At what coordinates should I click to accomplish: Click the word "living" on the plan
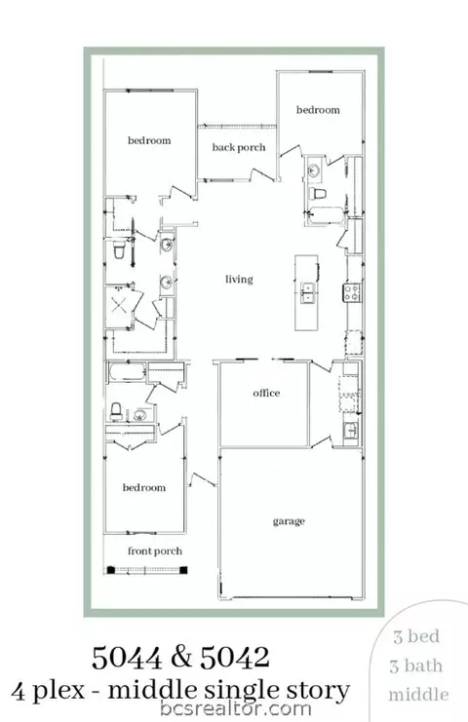click(239, 280)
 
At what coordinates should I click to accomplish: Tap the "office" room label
click(266, 393)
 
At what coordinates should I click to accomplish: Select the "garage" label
click(289, 521)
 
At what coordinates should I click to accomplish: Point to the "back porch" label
click(239, 147)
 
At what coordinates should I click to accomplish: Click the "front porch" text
click(155, 551)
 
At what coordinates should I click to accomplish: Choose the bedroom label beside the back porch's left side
click(149, 140)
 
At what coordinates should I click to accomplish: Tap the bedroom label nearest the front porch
click(144, 487)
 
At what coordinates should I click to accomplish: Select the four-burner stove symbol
click(352, 292)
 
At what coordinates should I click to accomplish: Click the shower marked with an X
click(119, 306)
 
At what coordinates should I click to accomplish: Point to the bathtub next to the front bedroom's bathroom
click(128, 371)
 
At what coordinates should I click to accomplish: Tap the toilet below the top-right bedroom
click(318, 193)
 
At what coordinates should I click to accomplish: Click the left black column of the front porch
click(110, 570)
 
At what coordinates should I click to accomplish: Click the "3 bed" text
click(416, 636)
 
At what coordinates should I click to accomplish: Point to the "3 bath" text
click(416, 665)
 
